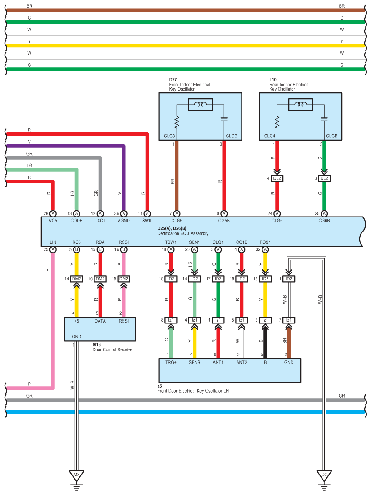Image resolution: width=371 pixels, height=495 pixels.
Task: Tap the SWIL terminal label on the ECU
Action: click(147, 221)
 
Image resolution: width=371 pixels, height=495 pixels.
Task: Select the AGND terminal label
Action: click(124, 221)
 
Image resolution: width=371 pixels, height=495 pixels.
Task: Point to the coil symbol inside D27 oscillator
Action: click(200, 105)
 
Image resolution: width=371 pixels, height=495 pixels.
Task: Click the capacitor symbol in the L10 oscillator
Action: click(324, 119)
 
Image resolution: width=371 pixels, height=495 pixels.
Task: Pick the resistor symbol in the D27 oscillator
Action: click(177, 122)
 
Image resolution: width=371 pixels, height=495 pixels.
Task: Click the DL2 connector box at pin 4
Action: click(277, 178)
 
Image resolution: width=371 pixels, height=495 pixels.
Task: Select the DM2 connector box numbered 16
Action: click(100, 279)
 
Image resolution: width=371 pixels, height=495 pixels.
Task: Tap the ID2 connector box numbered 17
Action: click(218, 279)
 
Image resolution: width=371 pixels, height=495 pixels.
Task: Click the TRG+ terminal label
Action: click(171, 363)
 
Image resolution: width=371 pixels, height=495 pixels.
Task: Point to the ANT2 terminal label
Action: click(242, 363)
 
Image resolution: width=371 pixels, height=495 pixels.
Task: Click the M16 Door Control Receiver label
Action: click(113, 347)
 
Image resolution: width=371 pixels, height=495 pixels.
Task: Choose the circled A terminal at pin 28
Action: click(53, 214)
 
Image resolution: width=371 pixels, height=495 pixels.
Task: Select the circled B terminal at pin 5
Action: click(76, 249)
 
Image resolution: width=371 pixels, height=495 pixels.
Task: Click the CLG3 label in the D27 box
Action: click(169, 136)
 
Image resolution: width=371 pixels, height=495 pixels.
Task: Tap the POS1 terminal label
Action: click(265, 242)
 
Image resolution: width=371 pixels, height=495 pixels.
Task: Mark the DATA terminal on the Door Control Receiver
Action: click(100, 321)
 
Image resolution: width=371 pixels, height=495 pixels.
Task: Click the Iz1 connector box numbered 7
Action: click(289, 320)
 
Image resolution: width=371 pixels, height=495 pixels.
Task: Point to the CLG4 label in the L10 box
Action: click(269, 136)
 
